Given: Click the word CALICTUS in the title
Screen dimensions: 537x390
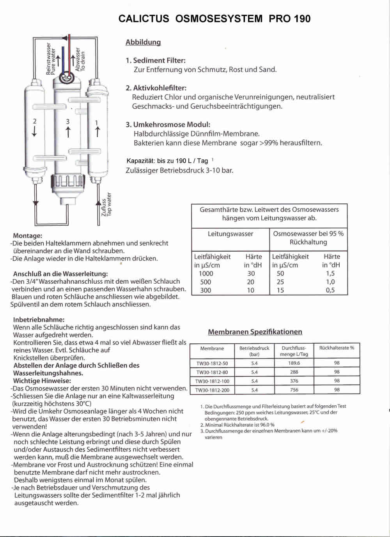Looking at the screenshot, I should pos(144,19).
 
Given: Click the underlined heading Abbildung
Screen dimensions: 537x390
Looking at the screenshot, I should pos(143,42).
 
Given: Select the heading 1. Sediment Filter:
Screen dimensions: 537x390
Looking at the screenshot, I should pos(156,60).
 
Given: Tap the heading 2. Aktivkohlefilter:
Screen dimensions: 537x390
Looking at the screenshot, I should pos(156,88).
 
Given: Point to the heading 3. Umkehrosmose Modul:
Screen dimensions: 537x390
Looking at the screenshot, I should pos(168,125).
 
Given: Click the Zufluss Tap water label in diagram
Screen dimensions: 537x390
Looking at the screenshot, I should pos(106,205).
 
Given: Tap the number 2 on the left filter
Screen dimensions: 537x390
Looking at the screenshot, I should pos(35,121).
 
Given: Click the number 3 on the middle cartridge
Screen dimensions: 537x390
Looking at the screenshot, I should pos(68,122).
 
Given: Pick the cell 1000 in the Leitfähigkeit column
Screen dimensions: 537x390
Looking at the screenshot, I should pos(206,274).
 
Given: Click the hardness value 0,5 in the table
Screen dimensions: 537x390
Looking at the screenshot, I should pos(330,290).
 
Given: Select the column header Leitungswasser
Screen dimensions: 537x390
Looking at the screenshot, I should pos(230,234).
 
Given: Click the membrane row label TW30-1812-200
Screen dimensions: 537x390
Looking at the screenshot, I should pos(212,390).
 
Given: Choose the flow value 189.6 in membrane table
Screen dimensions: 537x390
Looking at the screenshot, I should pos(294,363).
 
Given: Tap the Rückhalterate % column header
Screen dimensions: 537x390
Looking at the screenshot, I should pos(337,348).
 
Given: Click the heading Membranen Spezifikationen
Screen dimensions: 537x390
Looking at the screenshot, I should pos(255,332).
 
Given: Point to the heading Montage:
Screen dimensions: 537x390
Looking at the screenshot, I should pos(27,236).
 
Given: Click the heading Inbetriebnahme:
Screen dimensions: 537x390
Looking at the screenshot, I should pos(39,320).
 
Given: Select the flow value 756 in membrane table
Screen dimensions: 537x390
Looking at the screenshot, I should pos(294,390).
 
